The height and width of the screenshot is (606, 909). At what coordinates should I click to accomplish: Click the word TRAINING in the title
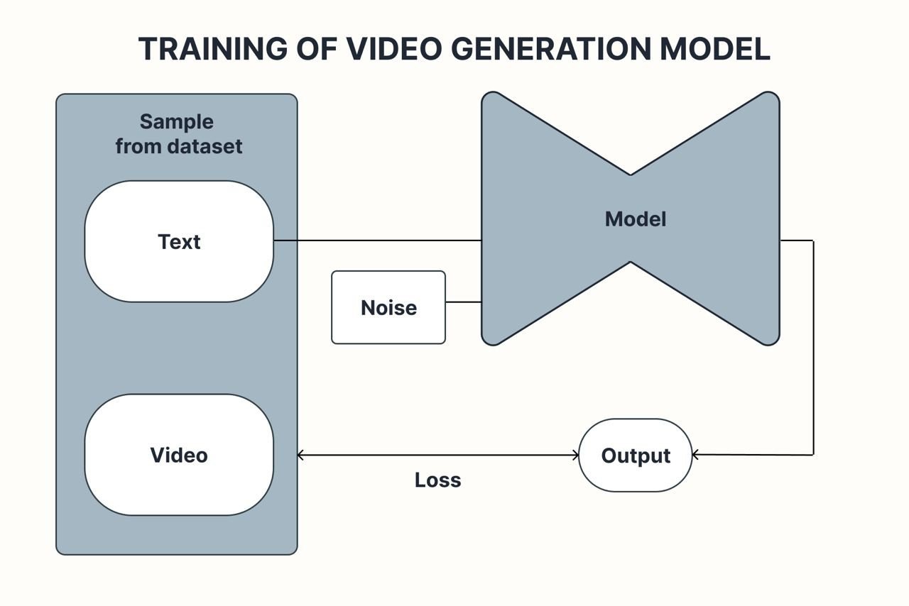[x=212, y=49]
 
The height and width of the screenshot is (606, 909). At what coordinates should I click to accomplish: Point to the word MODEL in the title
[x=715, y=49]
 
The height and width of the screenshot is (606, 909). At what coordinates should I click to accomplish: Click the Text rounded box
[x=179, y=241]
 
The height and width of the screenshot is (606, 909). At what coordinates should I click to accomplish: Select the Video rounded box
[x=179, y=455]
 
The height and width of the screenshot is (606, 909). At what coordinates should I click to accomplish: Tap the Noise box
[x=388, y=307]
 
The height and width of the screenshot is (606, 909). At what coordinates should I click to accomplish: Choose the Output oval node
[x=636, y=455]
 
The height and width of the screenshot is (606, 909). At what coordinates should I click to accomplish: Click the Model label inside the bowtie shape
[x=636, y=219]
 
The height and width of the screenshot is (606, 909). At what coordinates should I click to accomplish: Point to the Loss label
[x=437, y=480]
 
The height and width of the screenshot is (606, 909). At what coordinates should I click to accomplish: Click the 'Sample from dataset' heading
[x=179, y=134]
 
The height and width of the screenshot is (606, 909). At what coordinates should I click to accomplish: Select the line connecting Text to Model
[x=376, y=241]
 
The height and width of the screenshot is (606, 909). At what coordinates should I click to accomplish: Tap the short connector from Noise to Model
[x=463, y=302]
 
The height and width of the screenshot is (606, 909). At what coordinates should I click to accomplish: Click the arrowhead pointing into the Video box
[x=300, y=455]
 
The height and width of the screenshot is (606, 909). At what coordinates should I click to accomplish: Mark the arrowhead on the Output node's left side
[x=575, y=455]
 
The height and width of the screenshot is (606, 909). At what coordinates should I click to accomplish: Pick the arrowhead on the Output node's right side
[x=696, y=454]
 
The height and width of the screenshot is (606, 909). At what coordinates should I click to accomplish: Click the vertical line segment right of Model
[x=813, y=348]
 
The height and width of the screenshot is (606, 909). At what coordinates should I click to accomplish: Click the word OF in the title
[x=316, y=49]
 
